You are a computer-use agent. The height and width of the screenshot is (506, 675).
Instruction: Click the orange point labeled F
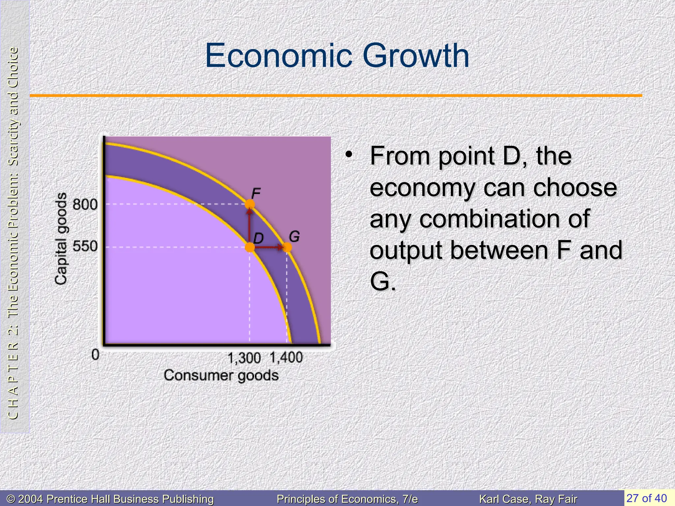click(x=250, y=204)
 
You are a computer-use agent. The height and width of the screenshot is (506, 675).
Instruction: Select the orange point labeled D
click(x=250, y=247)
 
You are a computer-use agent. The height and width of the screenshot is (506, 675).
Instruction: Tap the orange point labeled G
click(x=287, y=247)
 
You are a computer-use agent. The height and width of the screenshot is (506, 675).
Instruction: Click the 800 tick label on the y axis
click(x=85, y=205)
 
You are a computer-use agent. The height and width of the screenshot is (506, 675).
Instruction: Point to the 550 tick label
click(x=85, y=246)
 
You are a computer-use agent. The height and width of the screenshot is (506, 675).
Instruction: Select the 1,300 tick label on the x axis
click(x=244, y=358)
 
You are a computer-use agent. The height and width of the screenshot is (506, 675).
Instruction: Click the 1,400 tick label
click(x=286, y=357)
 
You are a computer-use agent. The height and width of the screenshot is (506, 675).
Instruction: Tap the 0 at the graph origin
click(x=95, y=355)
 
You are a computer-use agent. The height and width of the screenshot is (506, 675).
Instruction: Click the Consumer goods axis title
click(x=221, y=376)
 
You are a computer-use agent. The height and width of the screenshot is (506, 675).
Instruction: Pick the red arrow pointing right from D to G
click(x=269, y=247)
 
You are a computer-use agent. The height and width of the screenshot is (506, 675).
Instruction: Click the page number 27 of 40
click(x=646, y=498)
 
